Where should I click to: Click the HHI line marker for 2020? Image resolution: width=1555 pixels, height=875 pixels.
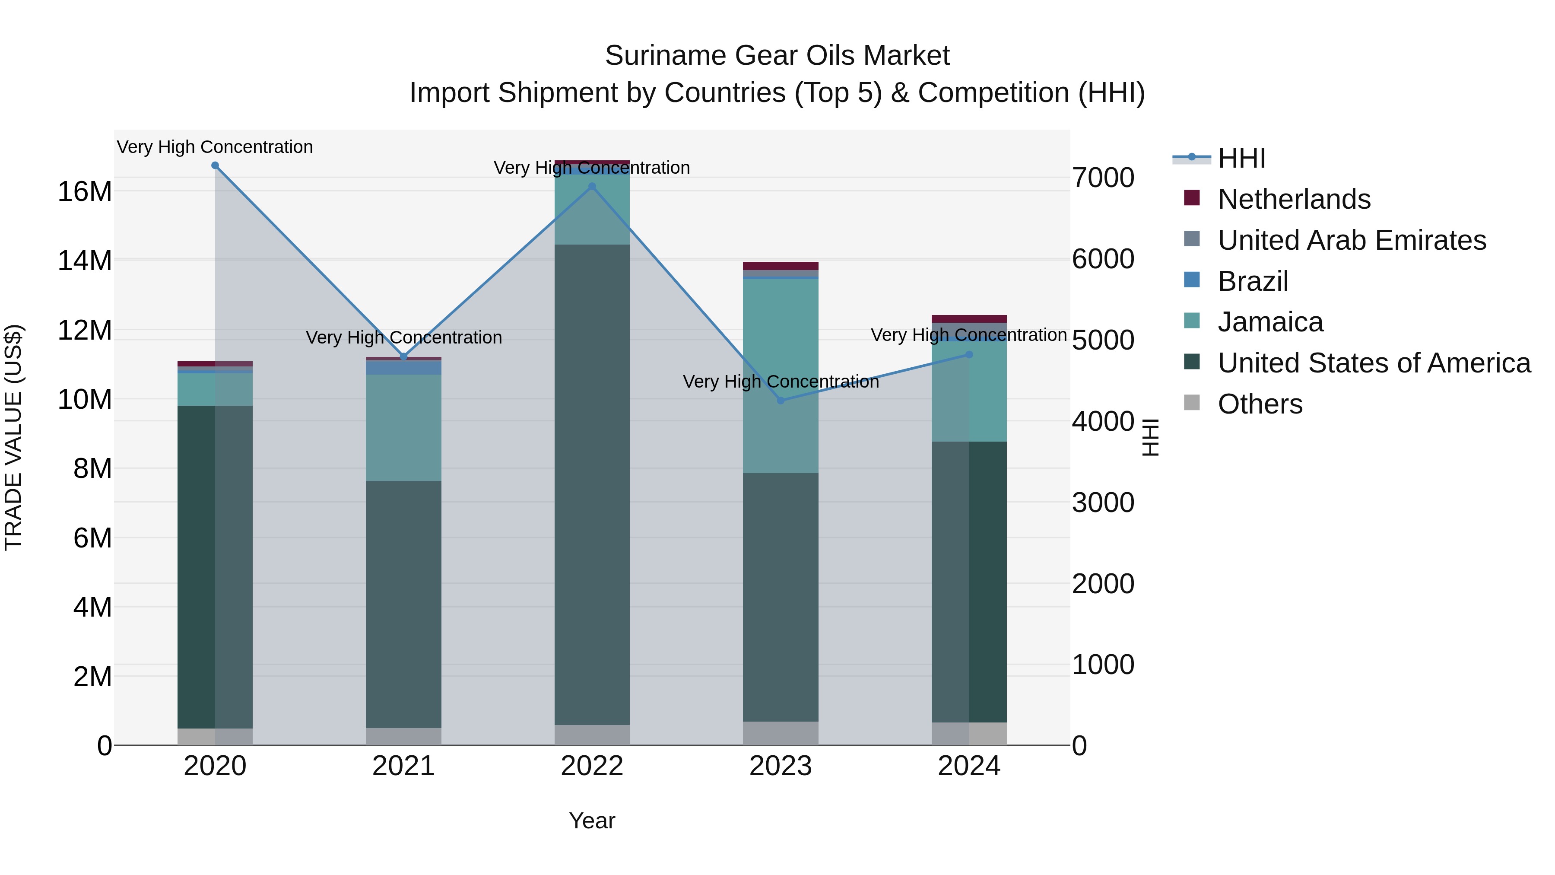coord(215,165)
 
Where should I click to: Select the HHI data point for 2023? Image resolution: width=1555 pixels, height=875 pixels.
coord(781,401)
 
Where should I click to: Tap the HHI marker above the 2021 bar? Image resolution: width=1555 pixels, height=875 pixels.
coord(404,357)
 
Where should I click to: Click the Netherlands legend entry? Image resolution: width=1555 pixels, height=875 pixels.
coord(1294,199)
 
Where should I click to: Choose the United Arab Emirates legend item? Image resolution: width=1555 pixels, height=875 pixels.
coord(1351,240)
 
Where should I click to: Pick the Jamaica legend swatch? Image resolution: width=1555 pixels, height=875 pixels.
coord(1192,321)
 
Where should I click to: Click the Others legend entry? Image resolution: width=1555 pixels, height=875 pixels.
coord(1260,404)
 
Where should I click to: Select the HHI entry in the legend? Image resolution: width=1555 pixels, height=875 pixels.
coord(1241,158)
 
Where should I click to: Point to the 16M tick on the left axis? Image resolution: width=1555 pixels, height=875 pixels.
coord(85,191)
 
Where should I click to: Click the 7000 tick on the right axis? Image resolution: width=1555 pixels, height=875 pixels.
coord(1103,178)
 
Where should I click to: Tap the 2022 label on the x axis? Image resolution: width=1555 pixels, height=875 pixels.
coord(592,766)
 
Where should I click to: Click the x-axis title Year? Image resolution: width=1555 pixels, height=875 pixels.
coord(592,821)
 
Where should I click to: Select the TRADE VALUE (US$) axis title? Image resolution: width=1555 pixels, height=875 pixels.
coord(13,437)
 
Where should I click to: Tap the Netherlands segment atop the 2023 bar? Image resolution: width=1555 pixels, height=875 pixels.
coord(781,266)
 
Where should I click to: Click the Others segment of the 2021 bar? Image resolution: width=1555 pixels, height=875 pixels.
coord(404,736)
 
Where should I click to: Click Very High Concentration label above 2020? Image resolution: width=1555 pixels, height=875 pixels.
coord(215,147)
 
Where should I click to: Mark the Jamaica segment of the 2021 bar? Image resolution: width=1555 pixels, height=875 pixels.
coord(404,427)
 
